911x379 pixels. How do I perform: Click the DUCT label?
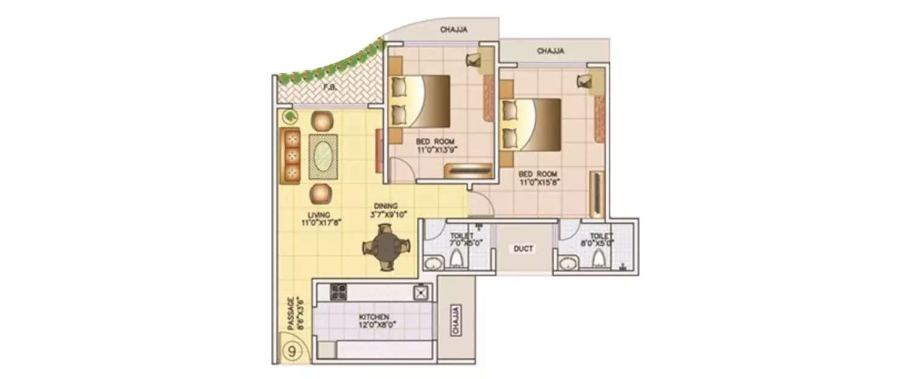522,249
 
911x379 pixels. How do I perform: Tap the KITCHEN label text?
374,317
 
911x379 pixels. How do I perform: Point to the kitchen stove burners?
338,292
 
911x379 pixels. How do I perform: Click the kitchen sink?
420,292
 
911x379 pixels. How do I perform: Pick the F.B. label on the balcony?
330,88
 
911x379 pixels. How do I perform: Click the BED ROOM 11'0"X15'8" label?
537,177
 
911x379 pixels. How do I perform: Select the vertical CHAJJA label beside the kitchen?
455,320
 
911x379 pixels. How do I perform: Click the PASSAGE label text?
291,313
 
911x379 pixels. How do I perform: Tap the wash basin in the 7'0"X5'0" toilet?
433,263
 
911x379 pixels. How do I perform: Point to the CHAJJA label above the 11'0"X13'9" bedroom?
454,30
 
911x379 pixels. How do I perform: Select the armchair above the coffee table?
322,121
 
